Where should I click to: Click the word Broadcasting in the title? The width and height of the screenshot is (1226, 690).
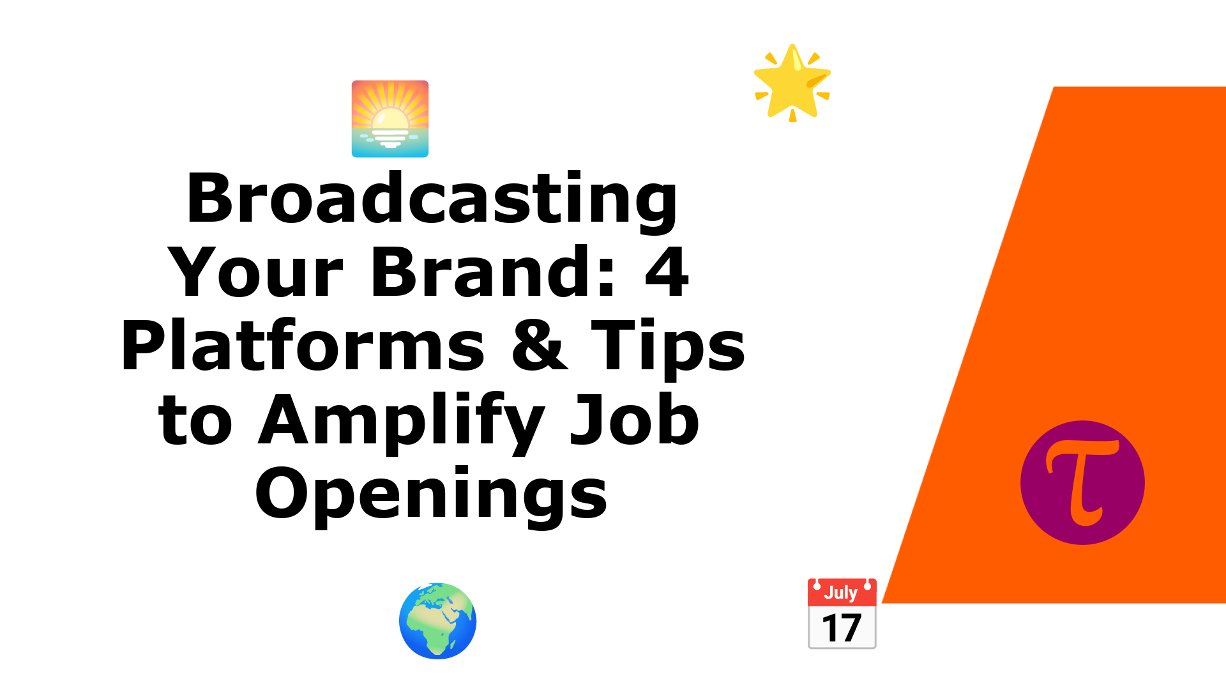tap(432, 199)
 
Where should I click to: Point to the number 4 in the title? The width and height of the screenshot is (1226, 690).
tap(667, 272)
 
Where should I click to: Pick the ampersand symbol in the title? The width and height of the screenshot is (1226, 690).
tap(540, 346)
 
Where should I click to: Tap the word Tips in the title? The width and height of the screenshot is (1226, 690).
tap(668, 347)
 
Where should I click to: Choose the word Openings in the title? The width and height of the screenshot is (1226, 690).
tap(431, 494)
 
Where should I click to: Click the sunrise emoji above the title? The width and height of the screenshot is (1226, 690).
tap(390, 119)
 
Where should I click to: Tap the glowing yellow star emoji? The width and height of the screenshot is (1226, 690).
tap(792, 82)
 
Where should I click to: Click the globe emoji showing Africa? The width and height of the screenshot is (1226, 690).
tap(438, 621)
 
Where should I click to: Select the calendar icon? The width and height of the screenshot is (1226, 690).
tap(842, 613)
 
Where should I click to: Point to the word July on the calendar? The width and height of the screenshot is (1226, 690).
tap(840, 593)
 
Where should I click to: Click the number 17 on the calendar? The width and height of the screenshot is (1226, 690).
tap(842, 628)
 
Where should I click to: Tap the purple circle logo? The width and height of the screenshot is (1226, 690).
tap(1082, 482)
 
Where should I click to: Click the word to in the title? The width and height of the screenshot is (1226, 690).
tap(195, 421)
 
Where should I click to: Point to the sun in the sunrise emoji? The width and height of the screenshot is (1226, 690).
tap(390, 119)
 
